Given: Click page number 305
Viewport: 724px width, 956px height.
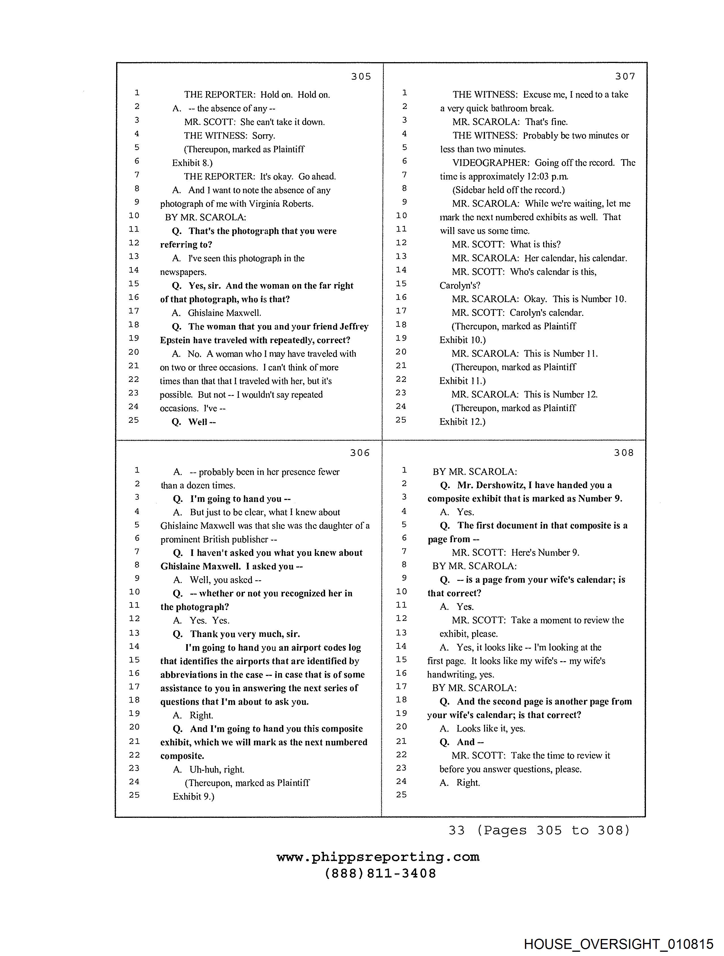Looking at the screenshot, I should coord(361,77).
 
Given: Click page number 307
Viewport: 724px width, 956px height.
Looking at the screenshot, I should coord(625,77).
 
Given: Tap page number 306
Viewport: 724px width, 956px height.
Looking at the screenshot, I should coord(360,453).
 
